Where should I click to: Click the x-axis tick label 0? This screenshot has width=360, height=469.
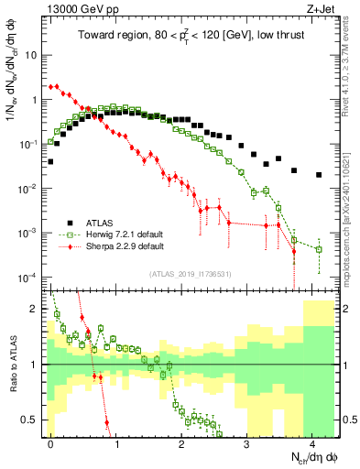coord(50,442)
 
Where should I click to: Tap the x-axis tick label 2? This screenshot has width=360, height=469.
coord(181,442)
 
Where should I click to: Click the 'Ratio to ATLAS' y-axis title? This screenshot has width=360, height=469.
coord(12,362)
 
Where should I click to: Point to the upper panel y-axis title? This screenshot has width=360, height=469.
coord(12,101)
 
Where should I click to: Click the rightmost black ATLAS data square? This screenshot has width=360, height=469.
coord(318,175)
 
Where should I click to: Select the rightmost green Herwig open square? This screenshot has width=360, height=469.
coord(318,248)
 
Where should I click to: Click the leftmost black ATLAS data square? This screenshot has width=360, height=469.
coord(50,161)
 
